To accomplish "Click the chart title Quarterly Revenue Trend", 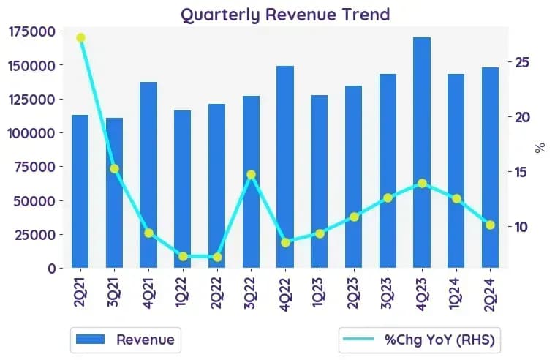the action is tap(285, 15).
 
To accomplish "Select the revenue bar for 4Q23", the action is tap(422, 152).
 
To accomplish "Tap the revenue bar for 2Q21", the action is tap(80, 191).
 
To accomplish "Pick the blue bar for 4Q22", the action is tap(285, 167).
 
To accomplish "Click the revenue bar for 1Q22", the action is tap(183, 190).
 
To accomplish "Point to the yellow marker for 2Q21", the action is tap(80, 37).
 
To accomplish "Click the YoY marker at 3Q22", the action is tap(252, 174).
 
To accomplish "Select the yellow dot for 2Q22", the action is tap(217, 258).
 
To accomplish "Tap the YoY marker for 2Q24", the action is tap(490, 225).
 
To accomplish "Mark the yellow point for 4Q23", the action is tap(422, 183).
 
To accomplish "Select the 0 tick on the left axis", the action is tap(52, 269).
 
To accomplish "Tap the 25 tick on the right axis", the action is tap(522, 62).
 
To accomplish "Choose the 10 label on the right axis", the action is tap(522, 227).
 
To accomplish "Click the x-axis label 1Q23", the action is tap(319, 293).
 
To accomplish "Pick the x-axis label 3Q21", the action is tap(113, 293).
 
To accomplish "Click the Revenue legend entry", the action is tap(126, 340).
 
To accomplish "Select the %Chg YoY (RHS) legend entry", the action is tap(420, 340).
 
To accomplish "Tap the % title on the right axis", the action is tap(540, 148).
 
